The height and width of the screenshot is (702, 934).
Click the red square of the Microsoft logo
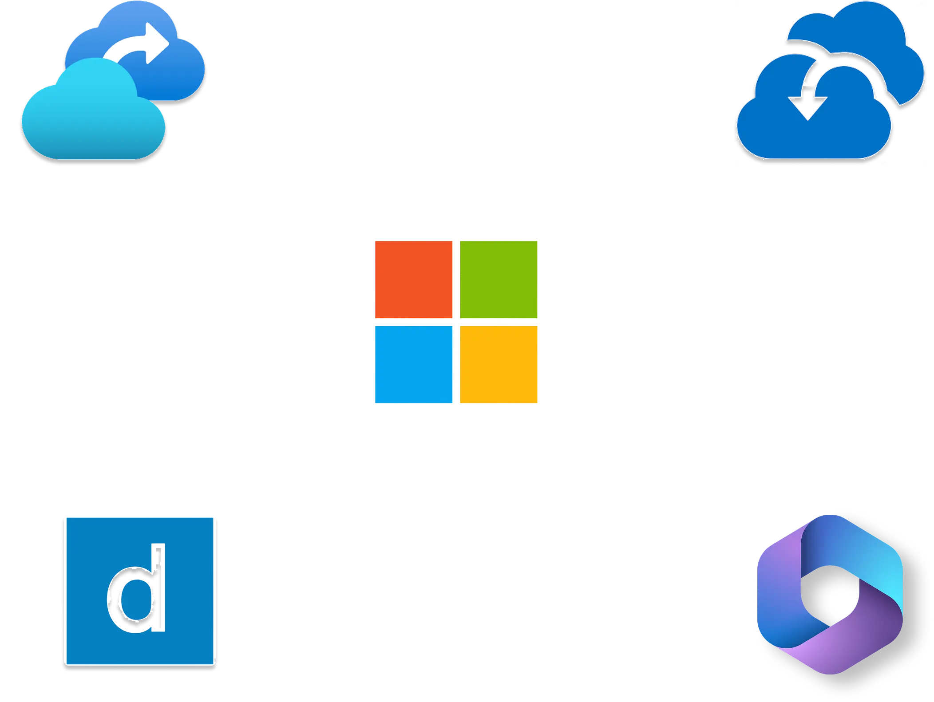[x=414, y=280]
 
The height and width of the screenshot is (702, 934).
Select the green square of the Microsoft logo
[x=499, y=280]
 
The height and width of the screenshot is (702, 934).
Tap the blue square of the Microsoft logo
[x=414, y=364]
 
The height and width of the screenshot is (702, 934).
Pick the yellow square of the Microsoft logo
[x=499, y=364]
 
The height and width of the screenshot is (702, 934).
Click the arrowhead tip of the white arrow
[x=166, y=44]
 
